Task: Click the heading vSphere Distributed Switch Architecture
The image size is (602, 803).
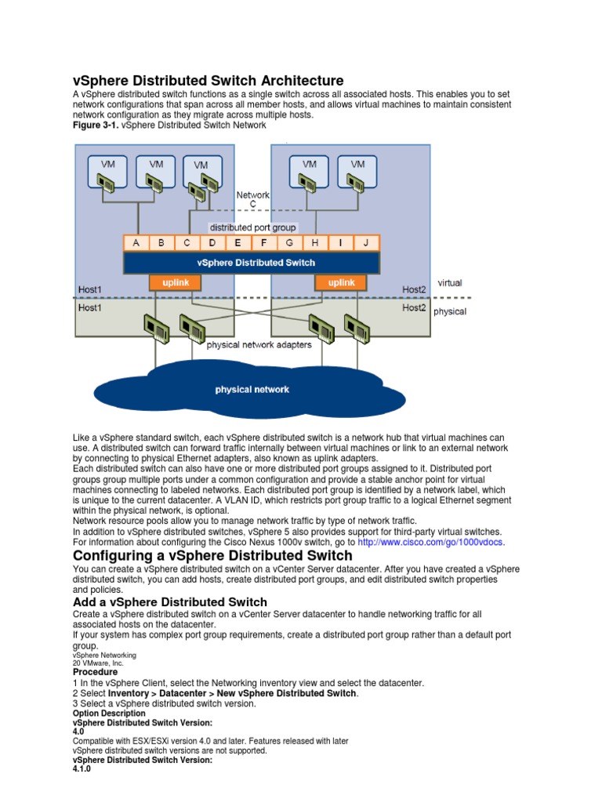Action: pyautogui.click(x=208, y=81)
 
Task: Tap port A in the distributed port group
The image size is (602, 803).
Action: pyautogui.click(x=136, y=243)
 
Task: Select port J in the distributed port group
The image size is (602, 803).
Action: pyautogui.click(x=366, y=243)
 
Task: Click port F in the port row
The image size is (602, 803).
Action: pyautogui.click(x=264, y=243)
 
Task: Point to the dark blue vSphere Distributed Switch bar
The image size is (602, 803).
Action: pyautogui.click(x=252, y=263)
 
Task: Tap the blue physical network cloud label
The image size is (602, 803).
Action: pyautogui.click(x=252, y=390)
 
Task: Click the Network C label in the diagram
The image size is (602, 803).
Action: pyautogui.click(x=252, y=199)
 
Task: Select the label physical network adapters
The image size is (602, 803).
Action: pyautogui.click(x=259, y=344)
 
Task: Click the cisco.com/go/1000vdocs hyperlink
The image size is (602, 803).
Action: pyautogui.click(x=431, y=542)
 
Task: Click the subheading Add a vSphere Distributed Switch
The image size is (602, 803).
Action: pyautogui.click(x=170, y=602)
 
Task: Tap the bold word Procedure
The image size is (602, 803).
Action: pyautogui.click(x=96, y=672)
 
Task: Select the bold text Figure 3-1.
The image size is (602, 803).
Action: pyautogui.click(x=93, y=125)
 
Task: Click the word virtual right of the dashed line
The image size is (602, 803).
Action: pyautogui.click(x=451, y=282)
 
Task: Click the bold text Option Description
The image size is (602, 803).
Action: pyautogui.click(x=109, y=714)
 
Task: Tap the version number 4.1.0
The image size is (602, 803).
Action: pyautogui.click(x=82, y=769)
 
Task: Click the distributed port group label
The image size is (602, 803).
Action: pyautogui.click(x=252, y=227)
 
